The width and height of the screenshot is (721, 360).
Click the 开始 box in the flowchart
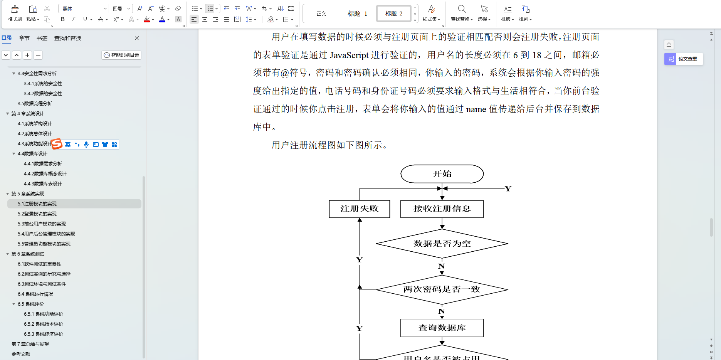[442, 174]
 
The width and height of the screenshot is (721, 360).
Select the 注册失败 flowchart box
[359, 209]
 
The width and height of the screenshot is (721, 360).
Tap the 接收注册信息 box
[442, 209]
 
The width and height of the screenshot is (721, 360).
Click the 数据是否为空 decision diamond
[442, 244]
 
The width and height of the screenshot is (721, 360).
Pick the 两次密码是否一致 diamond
[442, 289]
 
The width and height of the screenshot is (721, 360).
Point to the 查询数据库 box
[442, 328]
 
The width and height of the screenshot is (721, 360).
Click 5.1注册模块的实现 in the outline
[37, 204]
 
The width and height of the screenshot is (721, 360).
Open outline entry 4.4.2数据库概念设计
[45, 174]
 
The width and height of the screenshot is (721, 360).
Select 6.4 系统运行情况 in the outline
[35, 294]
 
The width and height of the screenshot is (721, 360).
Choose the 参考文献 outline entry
[21, 354]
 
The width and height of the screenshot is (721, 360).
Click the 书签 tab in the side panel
[42, 38]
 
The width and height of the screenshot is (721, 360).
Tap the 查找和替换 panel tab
[68, 38]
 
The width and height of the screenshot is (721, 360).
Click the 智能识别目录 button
[122, 55]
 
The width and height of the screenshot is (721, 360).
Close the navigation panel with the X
[137, 38]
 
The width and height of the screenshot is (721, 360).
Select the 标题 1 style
[357, 14]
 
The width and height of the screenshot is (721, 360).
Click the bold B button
[63, 19]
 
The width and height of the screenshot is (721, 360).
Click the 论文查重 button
[684, 59]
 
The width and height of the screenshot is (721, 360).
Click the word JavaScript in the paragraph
[349, 55]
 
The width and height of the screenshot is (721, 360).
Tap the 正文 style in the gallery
[321, 14]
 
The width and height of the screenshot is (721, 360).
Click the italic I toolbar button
[73, 19]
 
